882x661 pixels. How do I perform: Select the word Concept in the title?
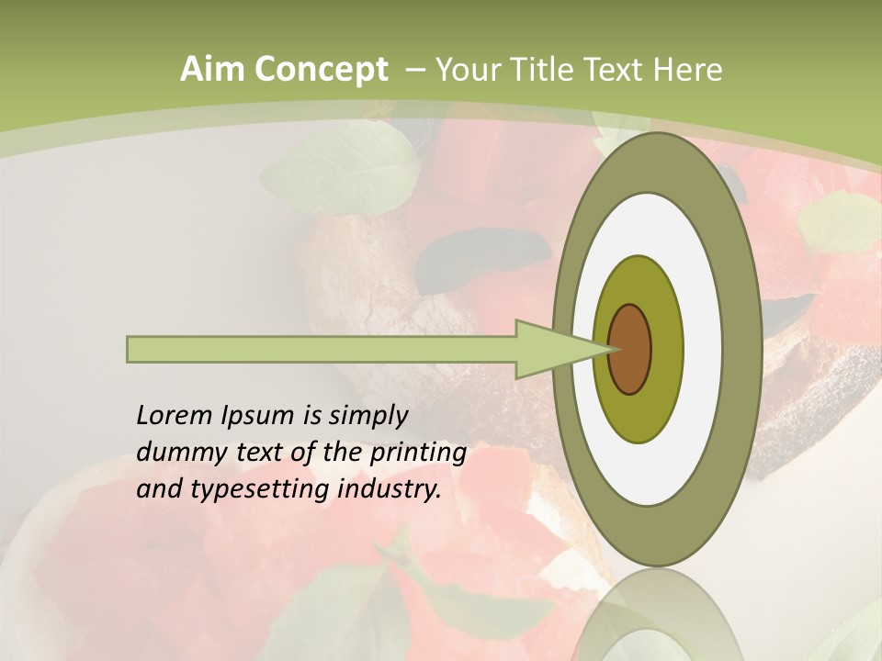(322, 70)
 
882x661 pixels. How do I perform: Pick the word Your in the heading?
(469, 70)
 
